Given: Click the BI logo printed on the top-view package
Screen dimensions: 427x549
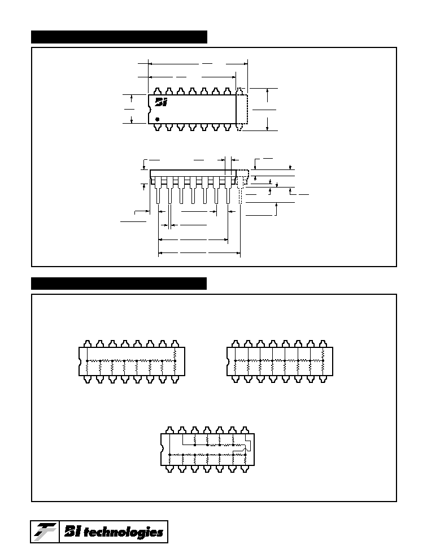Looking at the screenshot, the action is click(x=161, y=102).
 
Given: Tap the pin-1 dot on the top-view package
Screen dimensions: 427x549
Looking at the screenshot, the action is click(x=157, y=119).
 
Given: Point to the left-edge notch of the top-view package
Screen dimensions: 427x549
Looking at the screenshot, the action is click(x=149, y=109).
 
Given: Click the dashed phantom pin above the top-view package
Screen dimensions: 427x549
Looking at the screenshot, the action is click(x=239, y=91).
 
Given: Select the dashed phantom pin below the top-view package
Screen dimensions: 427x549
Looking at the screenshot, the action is click(x=239, y=127).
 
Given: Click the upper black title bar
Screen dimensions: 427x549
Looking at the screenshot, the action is click(x=119, y=37).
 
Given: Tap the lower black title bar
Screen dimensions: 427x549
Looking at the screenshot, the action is click(x=119, y=283).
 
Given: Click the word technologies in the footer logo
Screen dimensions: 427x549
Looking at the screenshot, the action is click(x=123, y=533).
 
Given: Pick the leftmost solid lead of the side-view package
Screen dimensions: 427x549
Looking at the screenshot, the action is click(x=158, y=190).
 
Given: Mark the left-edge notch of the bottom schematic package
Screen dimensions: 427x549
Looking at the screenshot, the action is click(x=162, y=449).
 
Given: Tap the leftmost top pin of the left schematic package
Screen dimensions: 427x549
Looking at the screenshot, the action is click(x=87, y=343).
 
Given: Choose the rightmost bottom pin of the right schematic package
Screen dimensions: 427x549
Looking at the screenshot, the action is click(x=323, y=380).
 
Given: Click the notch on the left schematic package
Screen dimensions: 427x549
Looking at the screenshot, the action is click(x=80, y=361).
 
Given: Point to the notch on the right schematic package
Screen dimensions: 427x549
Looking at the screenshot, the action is click(x=228, y=361).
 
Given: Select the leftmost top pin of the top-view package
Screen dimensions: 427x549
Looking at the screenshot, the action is click(x=157, y=91).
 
